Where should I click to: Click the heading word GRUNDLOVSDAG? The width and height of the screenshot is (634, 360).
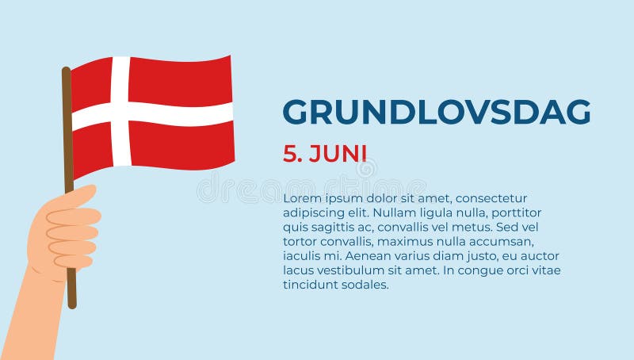point(437,112)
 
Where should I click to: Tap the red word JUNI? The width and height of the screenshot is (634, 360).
point(338,154)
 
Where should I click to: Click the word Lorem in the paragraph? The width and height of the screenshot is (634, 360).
point(301,198)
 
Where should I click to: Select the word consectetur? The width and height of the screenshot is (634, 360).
point(491,198)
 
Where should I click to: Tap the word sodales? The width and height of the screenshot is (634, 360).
point(365,285)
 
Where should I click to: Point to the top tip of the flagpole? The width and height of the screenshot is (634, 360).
point(66,70)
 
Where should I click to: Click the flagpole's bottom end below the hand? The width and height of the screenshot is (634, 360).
point(72,303)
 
